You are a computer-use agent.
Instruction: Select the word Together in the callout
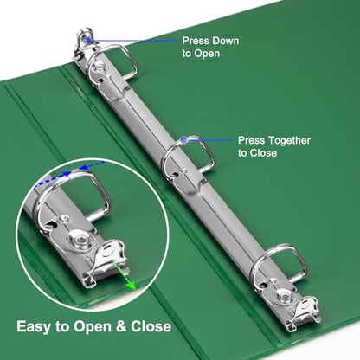(289, 141)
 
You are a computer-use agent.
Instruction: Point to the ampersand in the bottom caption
(122, 327)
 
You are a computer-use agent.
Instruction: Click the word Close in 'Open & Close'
(151, 327)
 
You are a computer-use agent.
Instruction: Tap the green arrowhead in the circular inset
(132, 285)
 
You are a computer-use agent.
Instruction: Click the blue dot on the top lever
(88, 40)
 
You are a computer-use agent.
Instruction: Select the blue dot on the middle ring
(183, 140)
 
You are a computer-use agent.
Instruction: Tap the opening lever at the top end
(84, 45)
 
